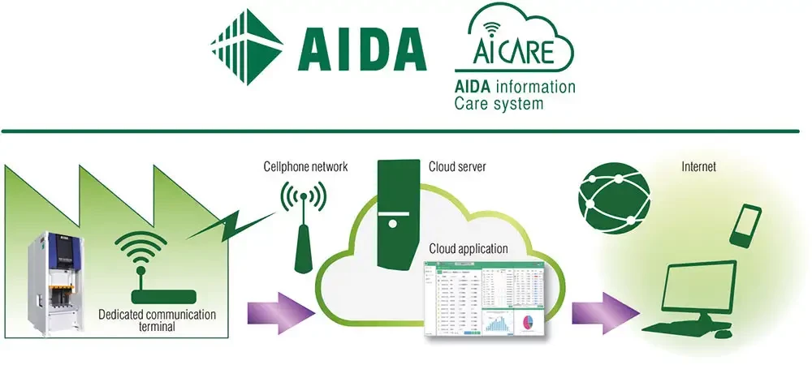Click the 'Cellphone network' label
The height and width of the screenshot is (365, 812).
click(305, 167)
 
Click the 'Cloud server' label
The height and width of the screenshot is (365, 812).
click(457, 167)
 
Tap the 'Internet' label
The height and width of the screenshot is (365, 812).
click(699, 167)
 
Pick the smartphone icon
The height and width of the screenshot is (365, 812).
click(747, 224)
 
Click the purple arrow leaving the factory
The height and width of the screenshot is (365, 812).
click(279, 312)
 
